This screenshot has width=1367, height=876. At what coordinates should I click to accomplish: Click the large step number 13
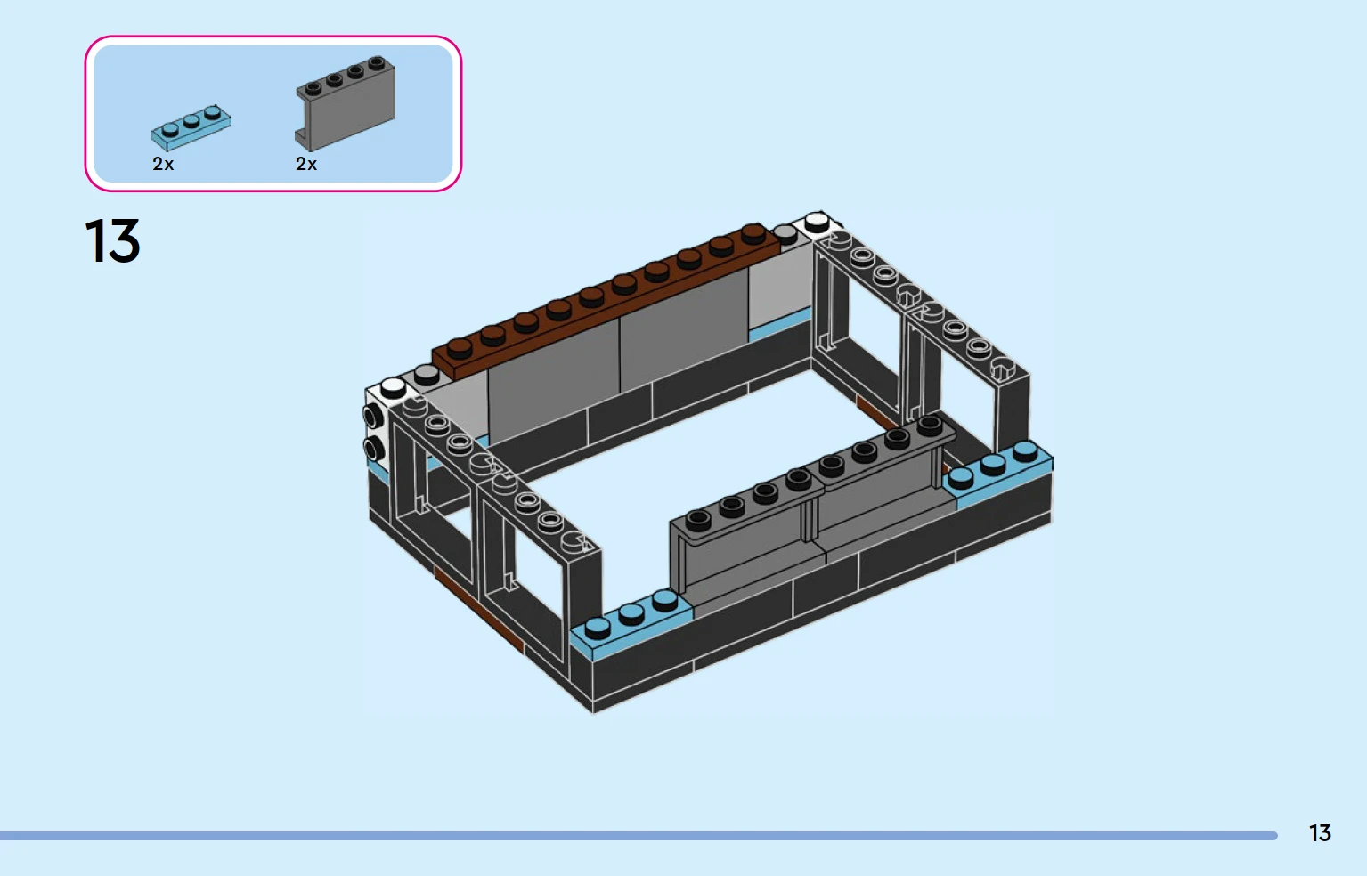pyautogui.click(x=112, y=241)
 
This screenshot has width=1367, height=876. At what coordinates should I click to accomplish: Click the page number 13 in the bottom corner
pyautogui.click(x=1320, y=833)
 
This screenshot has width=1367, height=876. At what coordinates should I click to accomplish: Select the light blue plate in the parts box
pyautogui.click(x=191, y=127)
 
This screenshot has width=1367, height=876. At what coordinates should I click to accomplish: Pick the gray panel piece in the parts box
pyautogui.click(x=346, y=103)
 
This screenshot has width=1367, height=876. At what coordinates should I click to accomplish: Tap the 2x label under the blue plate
pyautogui.click(x=163, y=164)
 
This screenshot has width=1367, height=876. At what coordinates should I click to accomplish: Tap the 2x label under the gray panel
pyautogui.click(x=306, y=164)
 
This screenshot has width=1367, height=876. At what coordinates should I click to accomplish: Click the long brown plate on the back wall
pyautogui.click(x=606, y=302)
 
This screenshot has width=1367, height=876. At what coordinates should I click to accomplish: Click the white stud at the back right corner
pyautogui.click(x=818, y=222)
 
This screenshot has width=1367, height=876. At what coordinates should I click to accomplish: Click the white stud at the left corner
pyautogui.click(x=393, y=387)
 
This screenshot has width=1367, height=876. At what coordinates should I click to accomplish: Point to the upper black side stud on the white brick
pyautogui.click(x=371, y=417)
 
